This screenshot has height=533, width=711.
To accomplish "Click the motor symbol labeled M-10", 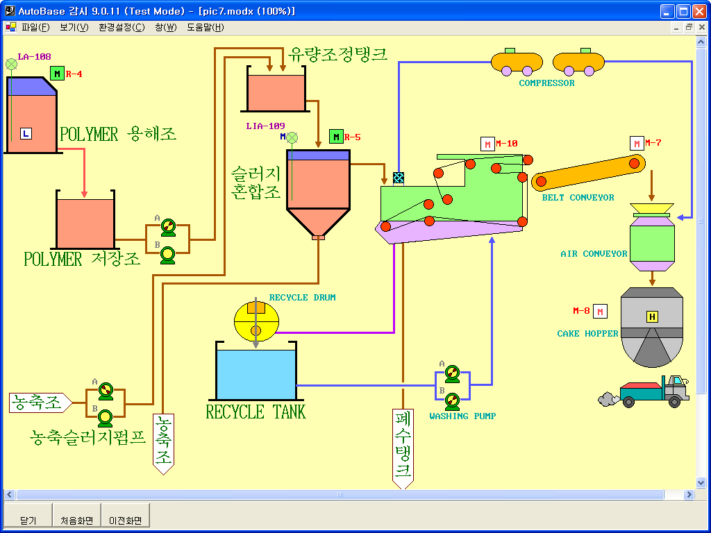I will coord(488,144).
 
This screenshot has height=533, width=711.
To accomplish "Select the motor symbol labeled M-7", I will coord(637,144).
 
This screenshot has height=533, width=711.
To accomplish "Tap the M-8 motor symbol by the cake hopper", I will coord(601,311).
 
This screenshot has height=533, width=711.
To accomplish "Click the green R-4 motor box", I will coord(58,74).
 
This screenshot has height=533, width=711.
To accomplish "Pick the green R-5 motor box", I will coord(336,137).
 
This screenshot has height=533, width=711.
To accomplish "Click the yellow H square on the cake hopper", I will coord(652,317).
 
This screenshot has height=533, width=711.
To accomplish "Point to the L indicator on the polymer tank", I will coord(26,133).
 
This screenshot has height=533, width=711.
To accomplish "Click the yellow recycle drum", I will coord(256,321).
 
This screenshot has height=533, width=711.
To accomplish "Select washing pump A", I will coord(452,373).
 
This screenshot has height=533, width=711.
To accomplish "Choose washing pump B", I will coord(452,400).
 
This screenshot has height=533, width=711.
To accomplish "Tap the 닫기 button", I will coord(28,520).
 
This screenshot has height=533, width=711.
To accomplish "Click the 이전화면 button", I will coord(125,520).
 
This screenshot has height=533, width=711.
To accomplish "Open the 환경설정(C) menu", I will coord(122,28).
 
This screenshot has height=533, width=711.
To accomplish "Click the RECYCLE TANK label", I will coord(256,412).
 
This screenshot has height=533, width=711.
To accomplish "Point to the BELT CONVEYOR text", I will coord(578,198).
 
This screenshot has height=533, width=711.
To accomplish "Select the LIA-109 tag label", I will coord(265,126).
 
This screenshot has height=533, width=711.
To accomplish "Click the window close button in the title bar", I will coord(699,11).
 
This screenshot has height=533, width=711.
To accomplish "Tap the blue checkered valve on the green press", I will coord(399,178).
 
